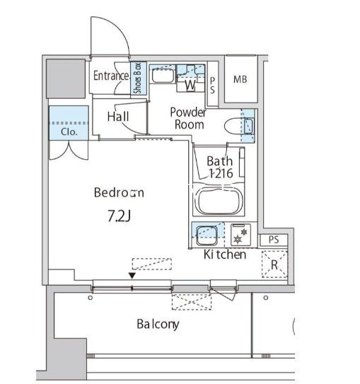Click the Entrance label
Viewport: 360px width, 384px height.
pos(111,76)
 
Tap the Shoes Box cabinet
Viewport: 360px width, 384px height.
pos(139,78)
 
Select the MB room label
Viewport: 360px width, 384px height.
pos(240,79)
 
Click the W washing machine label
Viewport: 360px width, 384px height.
pos(190,85)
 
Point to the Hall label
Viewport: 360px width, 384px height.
pos(118,117)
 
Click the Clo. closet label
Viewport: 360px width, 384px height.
pos(69,132)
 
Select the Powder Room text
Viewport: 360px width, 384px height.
pos(188,119)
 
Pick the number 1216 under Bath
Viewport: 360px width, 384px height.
pos(221,174)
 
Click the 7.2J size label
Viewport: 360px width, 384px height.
pos(120,216)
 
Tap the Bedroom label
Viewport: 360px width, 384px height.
pos(119,192)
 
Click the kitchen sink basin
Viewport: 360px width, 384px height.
pos(207,235)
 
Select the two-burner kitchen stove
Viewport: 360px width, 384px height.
pos(240,235)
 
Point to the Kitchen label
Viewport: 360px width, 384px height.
pos(225,255)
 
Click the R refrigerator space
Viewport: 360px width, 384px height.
pos(274,264)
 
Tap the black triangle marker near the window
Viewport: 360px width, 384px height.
pos(132,276)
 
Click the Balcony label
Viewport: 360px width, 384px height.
pos(158,325)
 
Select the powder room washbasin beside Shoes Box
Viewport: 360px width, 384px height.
pos(163,75)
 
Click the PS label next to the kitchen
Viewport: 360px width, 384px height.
pos(274,240)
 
